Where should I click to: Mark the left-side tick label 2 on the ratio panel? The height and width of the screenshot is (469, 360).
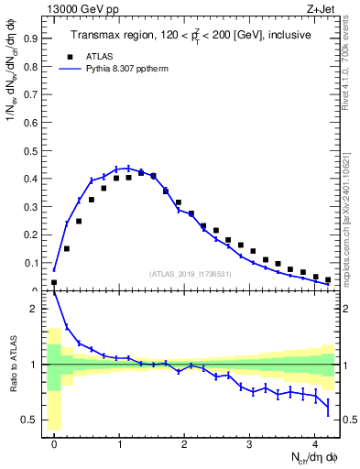tap(38, 309)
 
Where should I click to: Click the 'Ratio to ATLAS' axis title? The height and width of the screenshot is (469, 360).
tap(13, 365)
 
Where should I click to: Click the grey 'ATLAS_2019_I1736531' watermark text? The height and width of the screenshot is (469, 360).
tap(191, 274)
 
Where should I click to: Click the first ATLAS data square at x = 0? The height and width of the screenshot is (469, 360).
tap(54, 282)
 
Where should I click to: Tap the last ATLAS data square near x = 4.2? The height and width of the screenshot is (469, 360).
tap(328, 279)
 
